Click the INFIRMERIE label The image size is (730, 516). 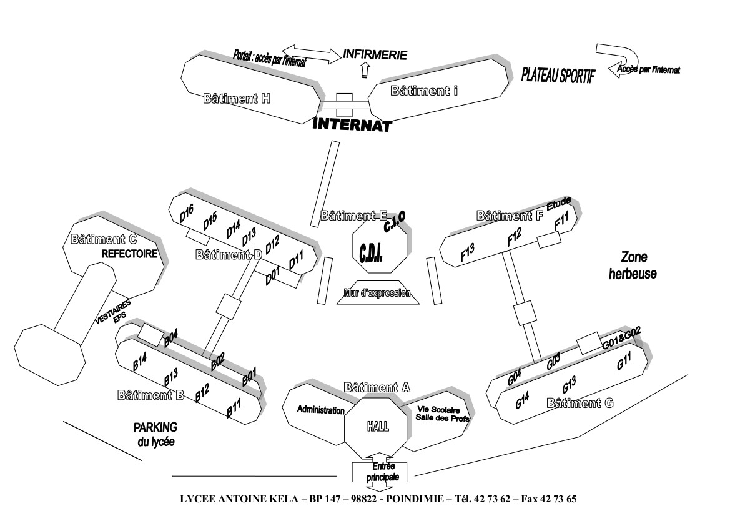point(375,55)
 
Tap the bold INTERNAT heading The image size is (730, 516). point(352,124)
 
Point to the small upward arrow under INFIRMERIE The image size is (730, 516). point(365,71)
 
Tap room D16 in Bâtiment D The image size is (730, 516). point(187,213)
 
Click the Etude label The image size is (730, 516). point(559,204)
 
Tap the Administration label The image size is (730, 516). point(320,410)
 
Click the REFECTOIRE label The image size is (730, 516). point(129,254)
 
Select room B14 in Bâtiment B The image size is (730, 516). point(140,361)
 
